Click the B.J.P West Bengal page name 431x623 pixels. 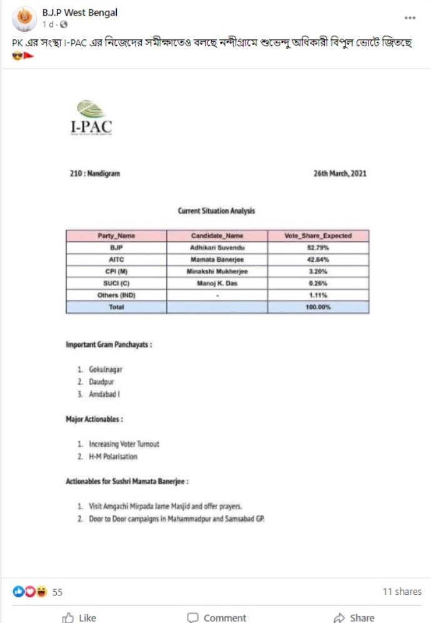[79, 12]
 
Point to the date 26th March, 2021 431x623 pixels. [340, 174]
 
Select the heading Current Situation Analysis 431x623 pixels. [216, 211]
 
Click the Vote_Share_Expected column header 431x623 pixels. [318, 236]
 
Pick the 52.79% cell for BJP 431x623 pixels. [318, 247]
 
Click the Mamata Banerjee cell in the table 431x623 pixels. [217, 259]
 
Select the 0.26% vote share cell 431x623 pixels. [318, 283]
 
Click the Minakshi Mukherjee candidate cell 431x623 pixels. [217, 271]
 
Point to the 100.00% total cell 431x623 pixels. [318, 307]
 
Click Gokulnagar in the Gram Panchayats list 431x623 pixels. [106, 369]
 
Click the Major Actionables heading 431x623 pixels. [94, 419]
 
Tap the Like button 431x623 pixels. [79, 617]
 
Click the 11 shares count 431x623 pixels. [402, 591]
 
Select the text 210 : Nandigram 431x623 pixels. [94, 174]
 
